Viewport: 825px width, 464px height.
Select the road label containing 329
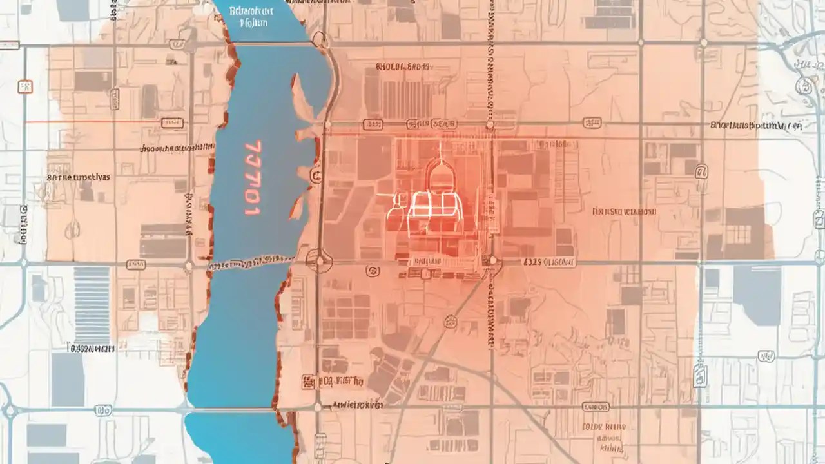click(548, 262)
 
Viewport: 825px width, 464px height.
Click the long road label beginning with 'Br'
click(755, 126)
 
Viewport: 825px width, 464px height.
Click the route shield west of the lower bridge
click(103, 410)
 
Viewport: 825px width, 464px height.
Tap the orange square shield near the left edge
click(25, 86)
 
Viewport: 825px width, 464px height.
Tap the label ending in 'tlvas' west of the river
click(79, 176)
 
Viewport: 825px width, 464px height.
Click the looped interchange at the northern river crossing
click(321, 41)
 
